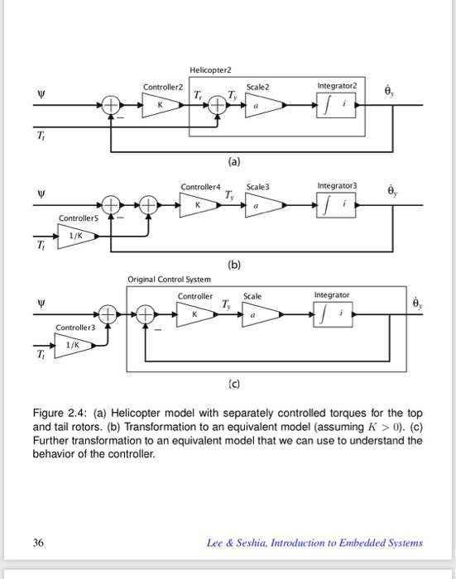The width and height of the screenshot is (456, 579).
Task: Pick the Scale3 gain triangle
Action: [263, 203]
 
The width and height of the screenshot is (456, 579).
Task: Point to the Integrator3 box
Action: [337, 203]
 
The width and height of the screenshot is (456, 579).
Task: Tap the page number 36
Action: [38, 543]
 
